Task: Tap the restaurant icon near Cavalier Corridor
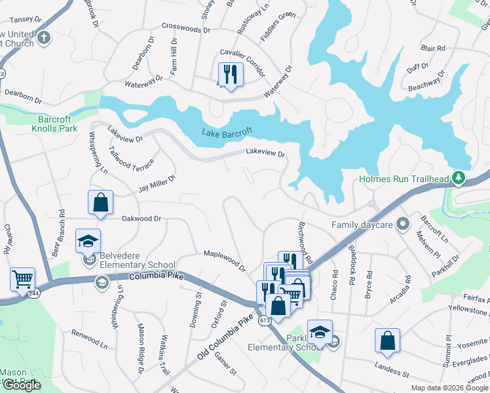pyautogui.click(x=229, y=73)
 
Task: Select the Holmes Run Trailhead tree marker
pyautogui.click(x=460, y=178)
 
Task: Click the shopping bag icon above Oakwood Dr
pyautogui.click(x=100, y=203)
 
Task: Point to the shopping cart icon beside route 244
pyautogui.click(x=22, y=280)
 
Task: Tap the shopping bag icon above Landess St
pyautogui.click(x=387, y=341)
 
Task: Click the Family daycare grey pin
pyautogui.click(x=403, y=225)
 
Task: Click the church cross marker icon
pyautogui.click(x=45, y=37)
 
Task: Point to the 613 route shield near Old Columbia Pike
pyautogui.click(x=265, y=320)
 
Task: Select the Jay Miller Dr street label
pyautogui.click(x=157, y=183)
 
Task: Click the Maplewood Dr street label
pyautogui.click(x=224, y=259)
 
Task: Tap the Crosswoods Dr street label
pyautogui.click(x=186, y=30)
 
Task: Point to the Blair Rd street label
pyautogui.click(x=433, y=48)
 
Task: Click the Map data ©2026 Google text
pyautogui.click(x=449, y=388)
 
